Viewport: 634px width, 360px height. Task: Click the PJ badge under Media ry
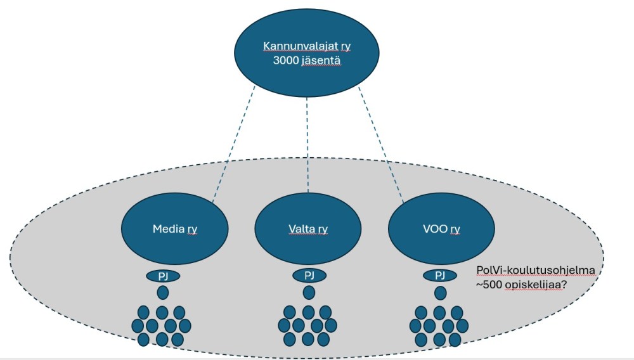(x=163, y=276)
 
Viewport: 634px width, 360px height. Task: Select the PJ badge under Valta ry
(x=309, y=276)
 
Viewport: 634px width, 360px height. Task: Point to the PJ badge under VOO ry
(x=440, y=276)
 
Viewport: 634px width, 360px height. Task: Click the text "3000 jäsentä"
(x=306, y=61)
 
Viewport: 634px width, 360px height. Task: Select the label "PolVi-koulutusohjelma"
(x=531, y=271)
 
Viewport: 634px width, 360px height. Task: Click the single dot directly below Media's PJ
(x=163, y=293)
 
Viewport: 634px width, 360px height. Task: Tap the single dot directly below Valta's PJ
(x=309, y=293)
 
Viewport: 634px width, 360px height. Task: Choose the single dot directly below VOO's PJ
(x=440, y=293)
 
